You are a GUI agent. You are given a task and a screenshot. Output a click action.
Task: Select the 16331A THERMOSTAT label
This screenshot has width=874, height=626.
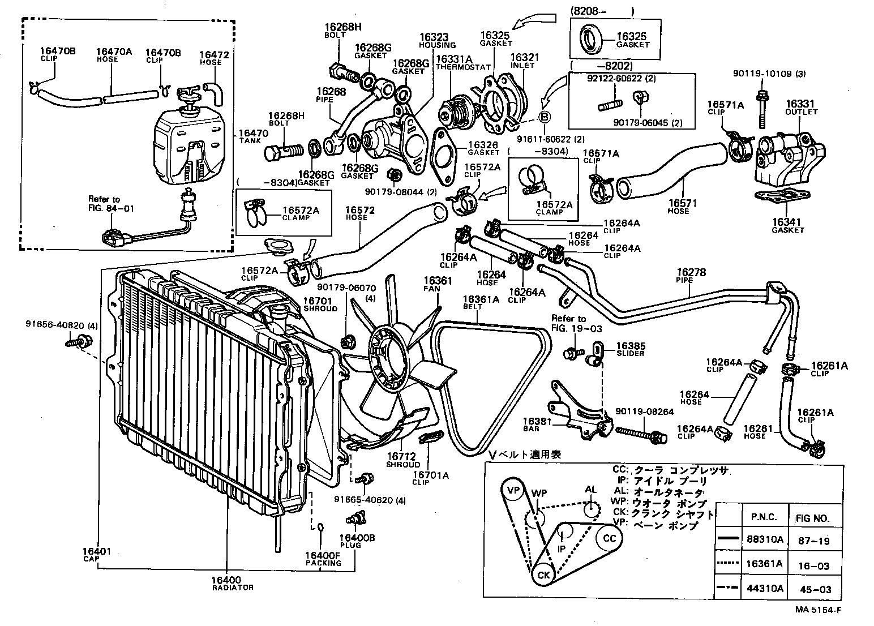coord(455,62)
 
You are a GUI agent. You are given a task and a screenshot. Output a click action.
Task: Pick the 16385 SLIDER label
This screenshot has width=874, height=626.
coord(630,349)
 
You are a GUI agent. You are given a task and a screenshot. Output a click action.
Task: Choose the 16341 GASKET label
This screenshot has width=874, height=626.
coord(787,225)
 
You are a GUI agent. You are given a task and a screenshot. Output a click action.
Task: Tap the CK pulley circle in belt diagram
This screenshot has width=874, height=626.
coord(543,575)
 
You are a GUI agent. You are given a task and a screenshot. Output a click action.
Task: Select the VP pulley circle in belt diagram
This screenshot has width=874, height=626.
coord(513,490)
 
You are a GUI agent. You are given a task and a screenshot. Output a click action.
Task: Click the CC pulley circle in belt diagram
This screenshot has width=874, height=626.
coord(609,538)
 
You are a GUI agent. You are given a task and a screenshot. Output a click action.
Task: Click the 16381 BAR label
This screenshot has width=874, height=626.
coord(534,424)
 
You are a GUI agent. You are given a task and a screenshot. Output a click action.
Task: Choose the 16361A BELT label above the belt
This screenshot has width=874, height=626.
coord(481,302)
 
